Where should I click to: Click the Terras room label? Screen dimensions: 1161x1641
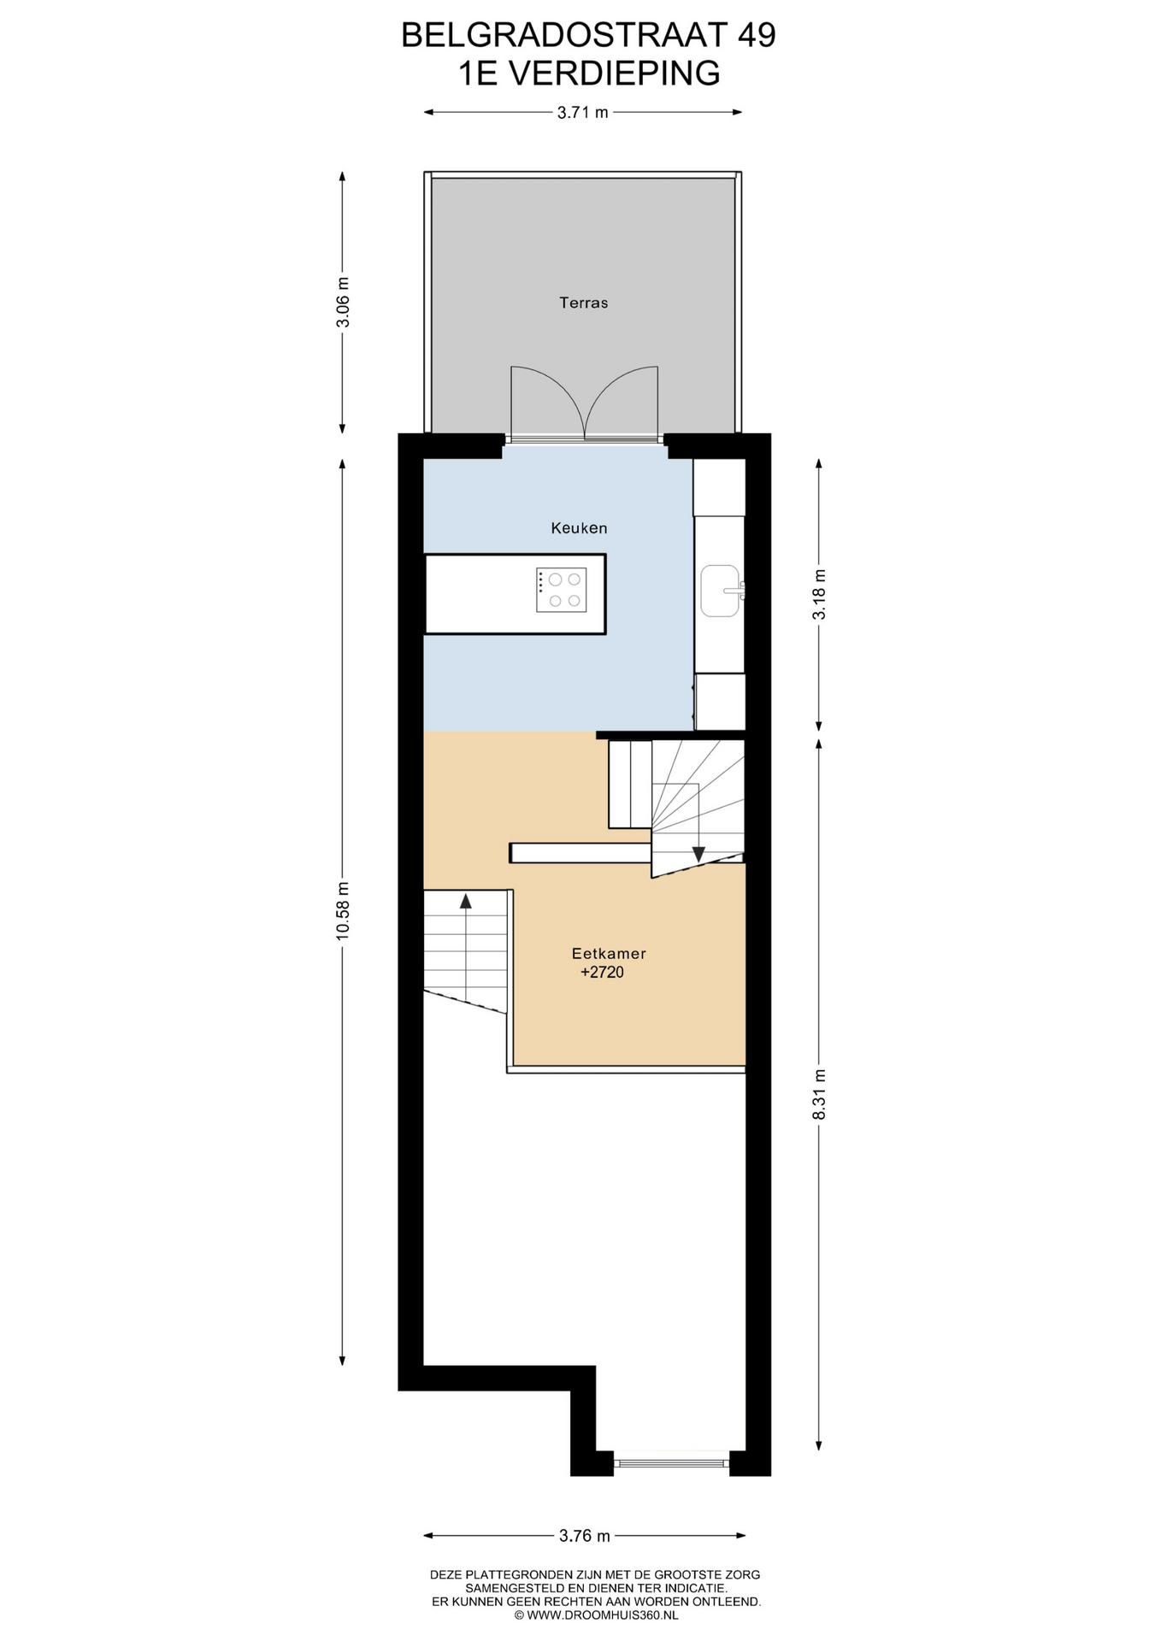(583, 303)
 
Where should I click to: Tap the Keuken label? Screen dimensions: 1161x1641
(579, 528)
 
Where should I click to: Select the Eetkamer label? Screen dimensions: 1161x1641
(609, 953)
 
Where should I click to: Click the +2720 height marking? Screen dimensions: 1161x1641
(602, 972)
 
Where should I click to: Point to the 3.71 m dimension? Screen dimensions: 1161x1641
(583, 112)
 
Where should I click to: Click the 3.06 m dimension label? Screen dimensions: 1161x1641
(343, 303)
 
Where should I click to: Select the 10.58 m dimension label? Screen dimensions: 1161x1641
(343, 910)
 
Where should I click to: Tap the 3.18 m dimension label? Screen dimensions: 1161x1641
(819, 595)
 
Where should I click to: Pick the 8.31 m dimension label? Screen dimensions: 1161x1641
(819, 1095)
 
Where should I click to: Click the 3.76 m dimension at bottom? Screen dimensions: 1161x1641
(585, 1536)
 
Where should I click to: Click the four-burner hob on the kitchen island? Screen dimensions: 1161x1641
(562, 590)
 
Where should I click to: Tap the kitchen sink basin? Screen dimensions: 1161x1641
(720, 591)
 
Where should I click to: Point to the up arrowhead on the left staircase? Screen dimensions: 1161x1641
(466, 900)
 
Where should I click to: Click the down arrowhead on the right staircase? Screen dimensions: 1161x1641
(698, 854)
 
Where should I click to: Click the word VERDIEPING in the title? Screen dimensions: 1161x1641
(615, 74)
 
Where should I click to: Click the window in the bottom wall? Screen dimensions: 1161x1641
(671, 1463)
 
